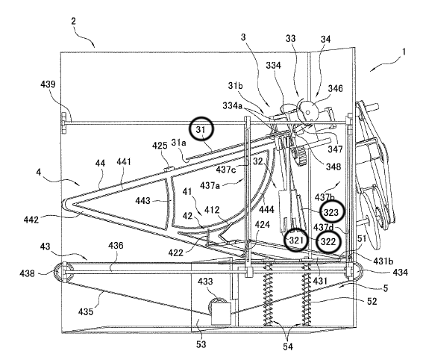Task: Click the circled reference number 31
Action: pos(201,129)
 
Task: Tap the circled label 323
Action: pos(331,212)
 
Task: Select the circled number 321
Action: pos(296,240)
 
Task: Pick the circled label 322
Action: pos(328,242)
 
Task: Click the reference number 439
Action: pos(48,84)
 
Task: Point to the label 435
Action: pos(86,311)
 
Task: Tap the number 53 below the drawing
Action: pos(201,344)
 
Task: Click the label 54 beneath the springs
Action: pos(288,347)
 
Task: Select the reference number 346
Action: pos(335,88)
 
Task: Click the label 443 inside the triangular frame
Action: pos(142,201)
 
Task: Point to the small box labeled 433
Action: pos(221,313)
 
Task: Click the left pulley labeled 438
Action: pos(63,272)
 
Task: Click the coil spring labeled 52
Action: pos(306,295)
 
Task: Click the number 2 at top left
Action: pos(73,21)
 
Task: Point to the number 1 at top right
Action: pos(404,52)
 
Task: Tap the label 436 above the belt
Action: pos(116,246)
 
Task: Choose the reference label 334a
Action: pos(233,105)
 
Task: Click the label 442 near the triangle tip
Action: pos(31,220)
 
